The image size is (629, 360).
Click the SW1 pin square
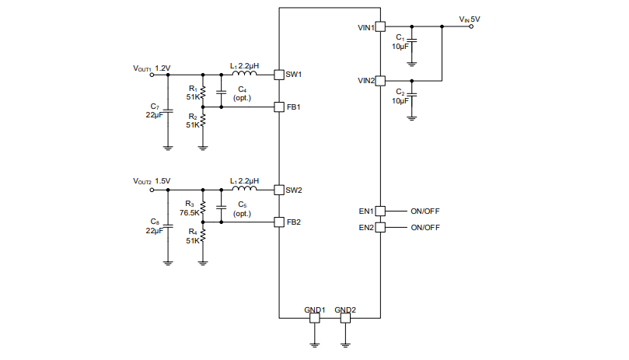[278, 75]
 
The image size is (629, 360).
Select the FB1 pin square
[278, 107]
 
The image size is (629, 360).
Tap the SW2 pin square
[278, 190]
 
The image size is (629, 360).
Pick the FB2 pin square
[278, 222]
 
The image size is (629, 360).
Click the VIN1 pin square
[380, 27]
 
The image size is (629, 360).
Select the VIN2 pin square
[380, 80]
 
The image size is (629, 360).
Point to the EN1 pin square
[380, 211]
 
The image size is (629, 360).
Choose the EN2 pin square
[380, 228]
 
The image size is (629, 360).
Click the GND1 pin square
[314, 317]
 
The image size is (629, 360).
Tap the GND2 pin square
[345, 317]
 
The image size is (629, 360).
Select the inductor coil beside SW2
[245, 188]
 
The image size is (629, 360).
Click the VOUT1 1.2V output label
[152, 68]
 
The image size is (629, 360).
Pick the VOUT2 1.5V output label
[152, 181]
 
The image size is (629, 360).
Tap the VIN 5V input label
[469, 18]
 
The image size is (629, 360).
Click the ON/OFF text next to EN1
[425, 211]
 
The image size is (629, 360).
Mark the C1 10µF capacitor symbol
[412, 40]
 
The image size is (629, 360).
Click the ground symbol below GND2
[345, 341]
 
